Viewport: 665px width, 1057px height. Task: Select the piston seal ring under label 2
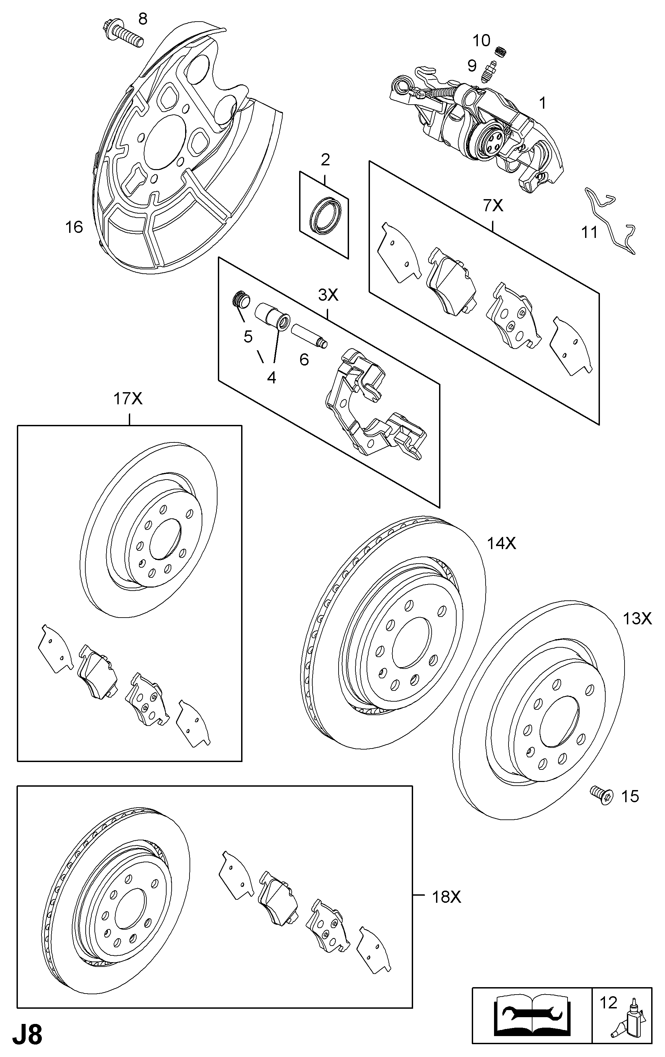point(324,216)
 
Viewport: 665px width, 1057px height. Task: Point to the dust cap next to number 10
point(500,51)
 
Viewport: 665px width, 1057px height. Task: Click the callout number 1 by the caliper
point(543,103)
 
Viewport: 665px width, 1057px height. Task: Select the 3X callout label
point(328,295)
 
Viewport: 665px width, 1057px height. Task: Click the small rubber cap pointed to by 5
point(240,300)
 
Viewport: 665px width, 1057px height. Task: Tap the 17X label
point(128,399)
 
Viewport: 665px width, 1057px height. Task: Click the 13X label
point(637,619)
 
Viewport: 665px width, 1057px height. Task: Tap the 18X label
point(446,897)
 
